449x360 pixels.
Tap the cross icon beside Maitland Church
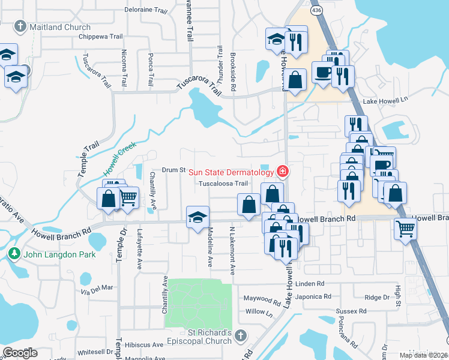tap(20, 27)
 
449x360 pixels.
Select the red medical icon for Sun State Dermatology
tap(282, 172)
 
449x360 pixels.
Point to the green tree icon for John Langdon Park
tap(14, 254)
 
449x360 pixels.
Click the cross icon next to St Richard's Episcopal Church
tap(241, 336)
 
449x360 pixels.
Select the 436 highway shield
tap(316, 10)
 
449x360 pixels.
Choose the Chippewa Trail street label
tap(105, 36)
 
